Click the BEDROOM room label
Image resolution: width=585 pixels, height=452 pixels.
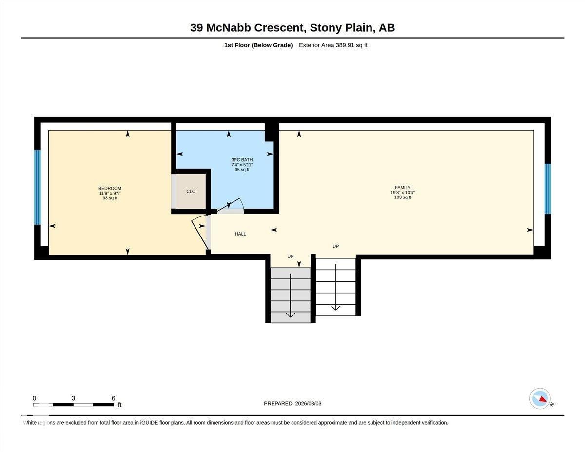(x=110, y=188)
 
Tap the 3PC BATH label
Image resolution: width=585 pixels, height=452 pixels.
(x=242, y=160)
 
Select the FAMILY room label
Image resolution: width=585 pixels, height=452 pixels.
(x=403, y=188)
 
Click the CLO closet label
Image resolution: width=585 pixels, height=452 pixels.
(x=191, y=192)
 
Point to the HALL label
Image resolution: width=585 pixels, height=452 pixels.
(x=240, y=234)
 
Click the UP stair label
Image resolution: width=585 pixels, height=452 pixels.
(x=335, y=246)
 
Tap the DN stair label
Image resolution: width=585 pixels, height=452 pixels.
(x=291, y=256)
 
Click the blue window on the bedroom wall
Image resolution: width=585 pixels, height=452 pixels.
(x=38, y=187)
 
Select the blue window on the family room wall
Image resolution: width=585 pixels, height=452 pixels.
(x=547, y=189)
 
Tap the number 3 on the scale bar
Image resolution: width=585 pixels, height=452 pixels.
(x=73, y=398)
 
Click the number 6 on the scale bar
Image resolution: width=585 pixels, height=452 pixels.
(x=113, y=398)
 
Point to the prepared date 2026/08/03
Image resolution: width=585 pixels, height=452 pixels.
(x=308, y=404)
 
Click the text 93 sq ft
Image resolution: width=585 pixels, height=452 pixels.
(x=110, y=198)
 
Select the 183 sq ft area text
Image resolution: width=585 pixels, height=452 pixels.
(x=403, y=197)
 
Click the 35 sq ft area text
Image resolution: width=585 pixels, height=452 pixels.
(x=242, y=170)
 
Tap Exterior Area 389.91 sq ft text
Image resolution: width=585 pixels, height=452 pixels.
(x=333, y=45)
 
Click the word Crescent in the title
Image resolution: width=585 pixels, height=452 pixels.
(x=280, y=28)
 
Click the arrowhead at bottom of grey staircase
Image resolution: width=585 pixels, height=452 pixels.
(x=290, y=315)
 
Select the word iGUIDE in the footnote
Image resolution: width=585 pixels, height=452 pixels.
(x=149, y=423)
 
